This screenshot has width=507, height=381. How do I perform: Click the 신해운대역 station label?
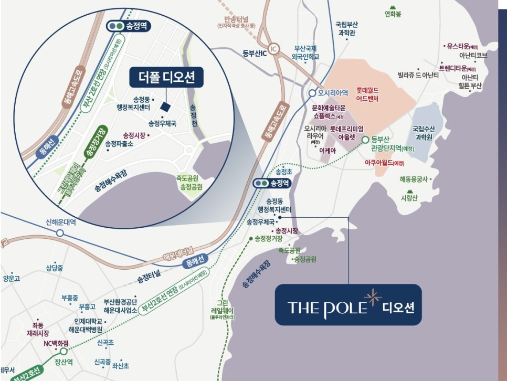coord(61,222)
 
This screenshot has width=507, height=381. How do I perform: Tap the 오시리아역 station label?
coord(333,93)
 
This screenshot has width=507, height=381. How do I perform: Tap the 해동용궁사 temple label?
coord(414,179)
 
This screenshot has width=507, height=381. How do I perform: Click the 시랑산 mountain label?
coord(408,198)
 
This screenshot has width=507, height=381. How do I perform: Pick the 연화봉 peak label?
coord(393,14)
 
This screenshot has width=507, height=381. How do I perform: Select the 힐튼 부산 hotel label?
coord(469,86)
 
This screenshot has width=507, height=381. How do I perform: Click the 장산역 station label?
coord(64,361)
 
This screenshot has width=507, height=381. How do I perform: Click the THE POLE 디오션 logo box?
coord(348,305)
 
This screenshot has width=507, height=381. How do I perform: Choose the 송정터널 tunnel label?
coord(149,278)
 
